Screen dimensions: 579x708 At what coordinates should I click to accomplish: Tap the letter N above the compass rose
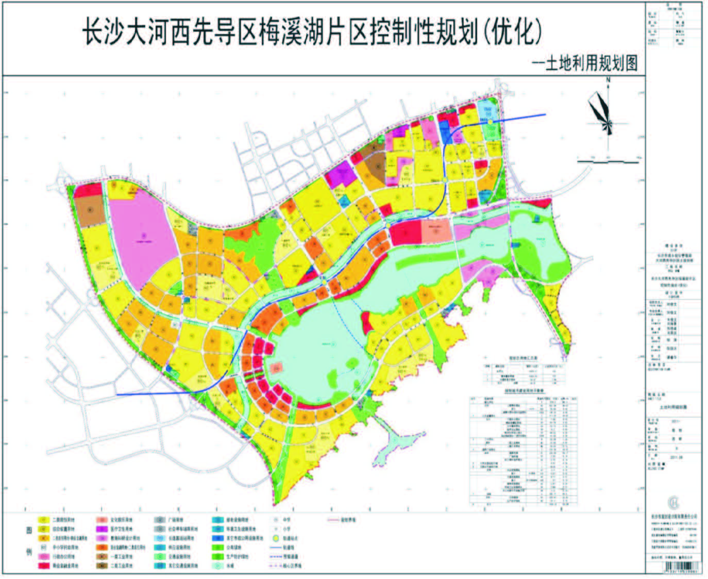608,80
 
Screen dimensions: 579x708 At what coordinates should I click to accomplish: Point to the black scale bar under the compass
608,161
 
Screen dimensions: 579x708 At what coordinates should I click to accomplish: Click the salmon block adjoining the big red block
437,231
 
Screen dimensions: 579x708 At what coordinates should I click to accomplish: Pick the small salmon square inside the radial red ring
277,368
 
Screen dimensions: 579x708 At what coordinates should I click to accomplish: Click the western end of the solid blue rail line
117,394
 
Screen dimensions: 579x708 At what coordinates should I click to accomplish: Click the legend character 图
29,531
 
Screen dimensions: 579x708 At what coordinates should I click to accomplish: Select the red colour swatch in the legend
43,566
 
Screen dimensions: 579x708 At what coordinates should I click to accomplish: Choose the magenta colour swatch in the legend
102,530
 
